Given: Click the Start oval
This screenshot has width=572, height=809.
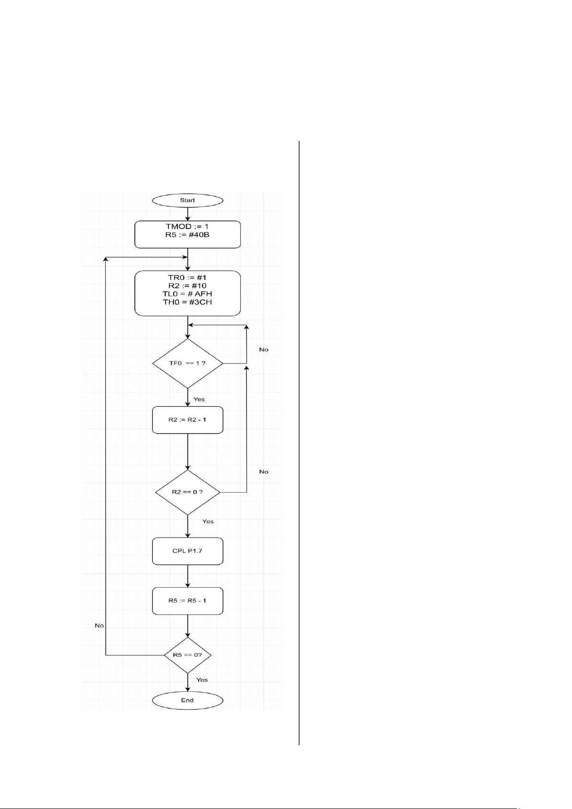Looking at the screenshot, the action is [187, 200].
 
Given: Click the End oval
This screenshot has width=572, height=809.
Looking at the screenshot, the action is [187, 700].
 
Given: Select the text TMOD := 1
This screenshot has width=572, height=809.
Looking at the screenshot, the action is [187, 227].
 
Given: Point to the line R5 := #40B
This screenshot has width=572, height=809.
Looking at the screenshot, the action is [187, 235].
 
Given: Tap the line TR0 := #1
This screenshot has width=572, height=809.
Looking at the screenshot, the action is [187, 278].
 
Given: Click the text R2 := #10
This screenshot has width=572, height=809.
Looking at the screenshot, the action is [187, 286].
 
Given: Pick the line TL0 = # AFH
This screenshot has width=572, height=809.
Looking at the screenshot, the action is [187, 294].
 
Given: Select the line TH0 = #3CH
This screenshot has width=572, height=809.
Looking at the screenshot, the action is [187, 302].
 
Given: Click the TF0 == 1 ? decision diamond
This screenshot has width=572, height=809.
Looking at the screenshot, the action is [187, 363].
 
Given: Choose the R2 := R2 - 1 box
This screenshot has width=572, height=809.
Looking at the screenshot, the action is [187, 420].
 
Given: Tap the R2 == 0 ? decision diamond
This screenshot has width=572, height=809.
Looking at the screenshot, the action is [187, 492].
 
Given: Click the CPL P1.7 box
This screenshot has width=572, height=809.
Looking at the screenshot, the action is [187, 551].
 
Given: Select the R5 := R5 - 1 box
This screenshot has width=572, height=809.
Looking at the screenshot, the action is [187, 601].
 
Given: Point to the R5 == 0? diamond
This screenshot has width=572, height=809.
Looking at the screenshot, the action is [187, 655].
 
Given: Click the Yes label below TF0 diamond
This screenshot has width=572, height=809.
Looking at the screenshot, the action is [199, 399].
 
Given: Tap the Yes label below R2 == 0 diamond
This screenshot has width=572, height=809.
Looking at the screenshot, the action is [208, 521].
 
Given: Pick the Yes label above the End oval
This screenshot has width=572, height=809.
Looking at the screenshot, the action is [202, 679].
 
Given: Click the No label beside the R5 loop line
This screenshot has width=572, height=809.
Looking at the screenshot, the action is [99, 625].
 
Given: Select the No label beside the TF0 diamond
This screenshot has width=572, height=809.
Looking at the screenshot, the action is [264, 349].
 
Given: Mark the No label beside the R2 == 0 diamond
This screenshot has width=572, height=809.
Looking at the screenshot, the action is [264, 471].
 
